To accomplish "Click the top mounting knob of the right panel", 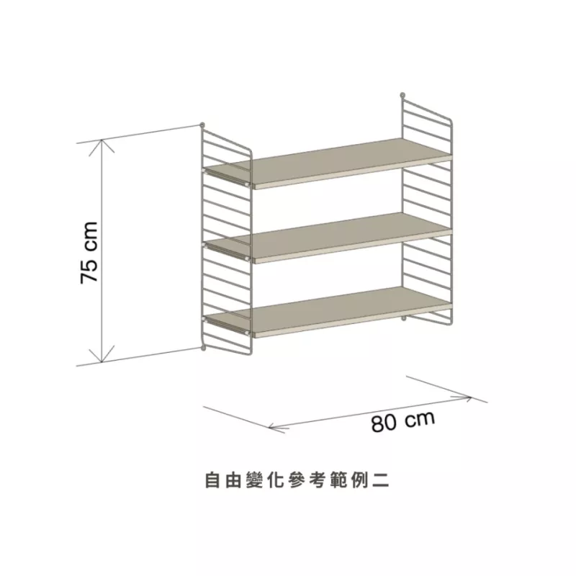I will coord(403,94).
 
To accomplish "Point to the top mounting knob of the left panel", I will coord(203,125).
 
